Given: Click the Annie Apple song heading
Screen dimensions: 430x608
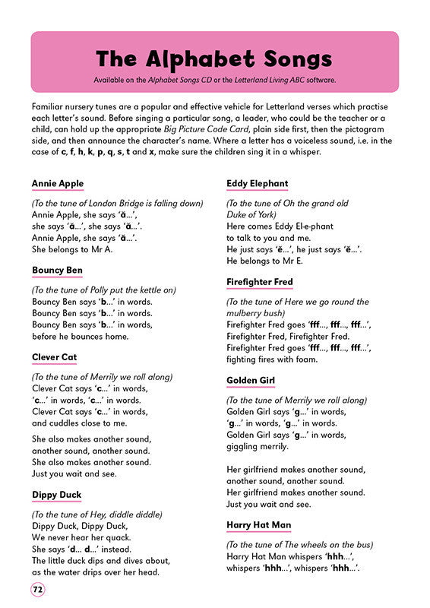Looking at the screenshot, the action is coord(58,184).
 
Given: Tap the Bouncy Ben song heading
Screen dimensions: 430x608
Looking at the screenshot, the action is coord(58,271).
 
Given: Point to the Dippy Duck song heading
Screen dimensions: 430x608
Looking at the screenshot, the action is coord(57,496).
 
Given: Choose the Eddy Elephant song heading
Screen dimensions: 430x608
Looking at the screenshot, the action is coord(258,184).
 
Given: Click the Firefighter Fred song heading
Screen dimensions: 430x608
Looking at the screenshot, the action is coord(260,282).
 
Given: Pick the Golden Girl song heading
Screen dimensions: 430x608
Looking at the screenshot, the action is coord(251,380).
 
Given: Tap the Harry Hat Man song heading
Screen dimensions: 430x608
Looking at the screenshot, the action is coord(259,525).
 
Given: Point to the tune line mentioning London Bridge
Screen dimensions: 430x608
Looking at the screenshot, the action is coord(118,204).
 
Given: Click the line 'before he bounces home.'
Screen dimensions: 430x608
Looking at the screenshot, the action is coord(81,336).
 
